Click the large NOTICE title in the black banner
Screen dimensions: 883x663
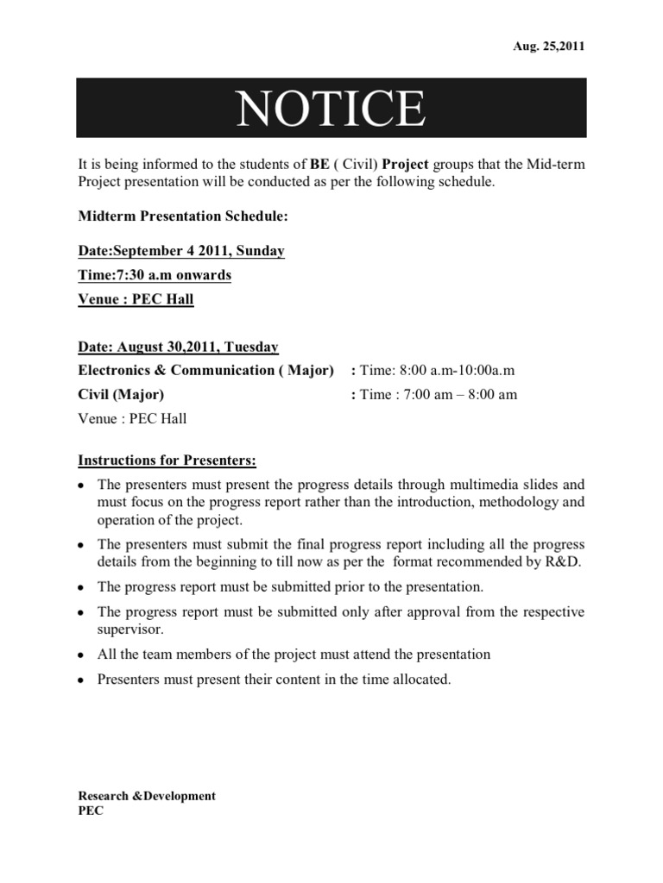click(x=331, y=109)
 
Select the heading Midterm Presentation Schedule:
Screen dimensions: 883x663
click(x=171, y=217)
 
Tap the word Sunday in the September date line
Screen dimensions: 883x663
click(x=259, y=251)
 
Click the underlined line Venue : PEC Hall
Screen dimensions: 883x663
click(x=136, y=299)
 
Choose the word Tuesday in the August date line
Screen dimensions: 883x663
click(x=250, y=347)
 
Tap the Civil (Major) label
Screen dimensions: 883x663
click(x=121, y=395)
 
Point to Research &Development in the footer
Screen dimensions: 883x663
click(x=147, y=796)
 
